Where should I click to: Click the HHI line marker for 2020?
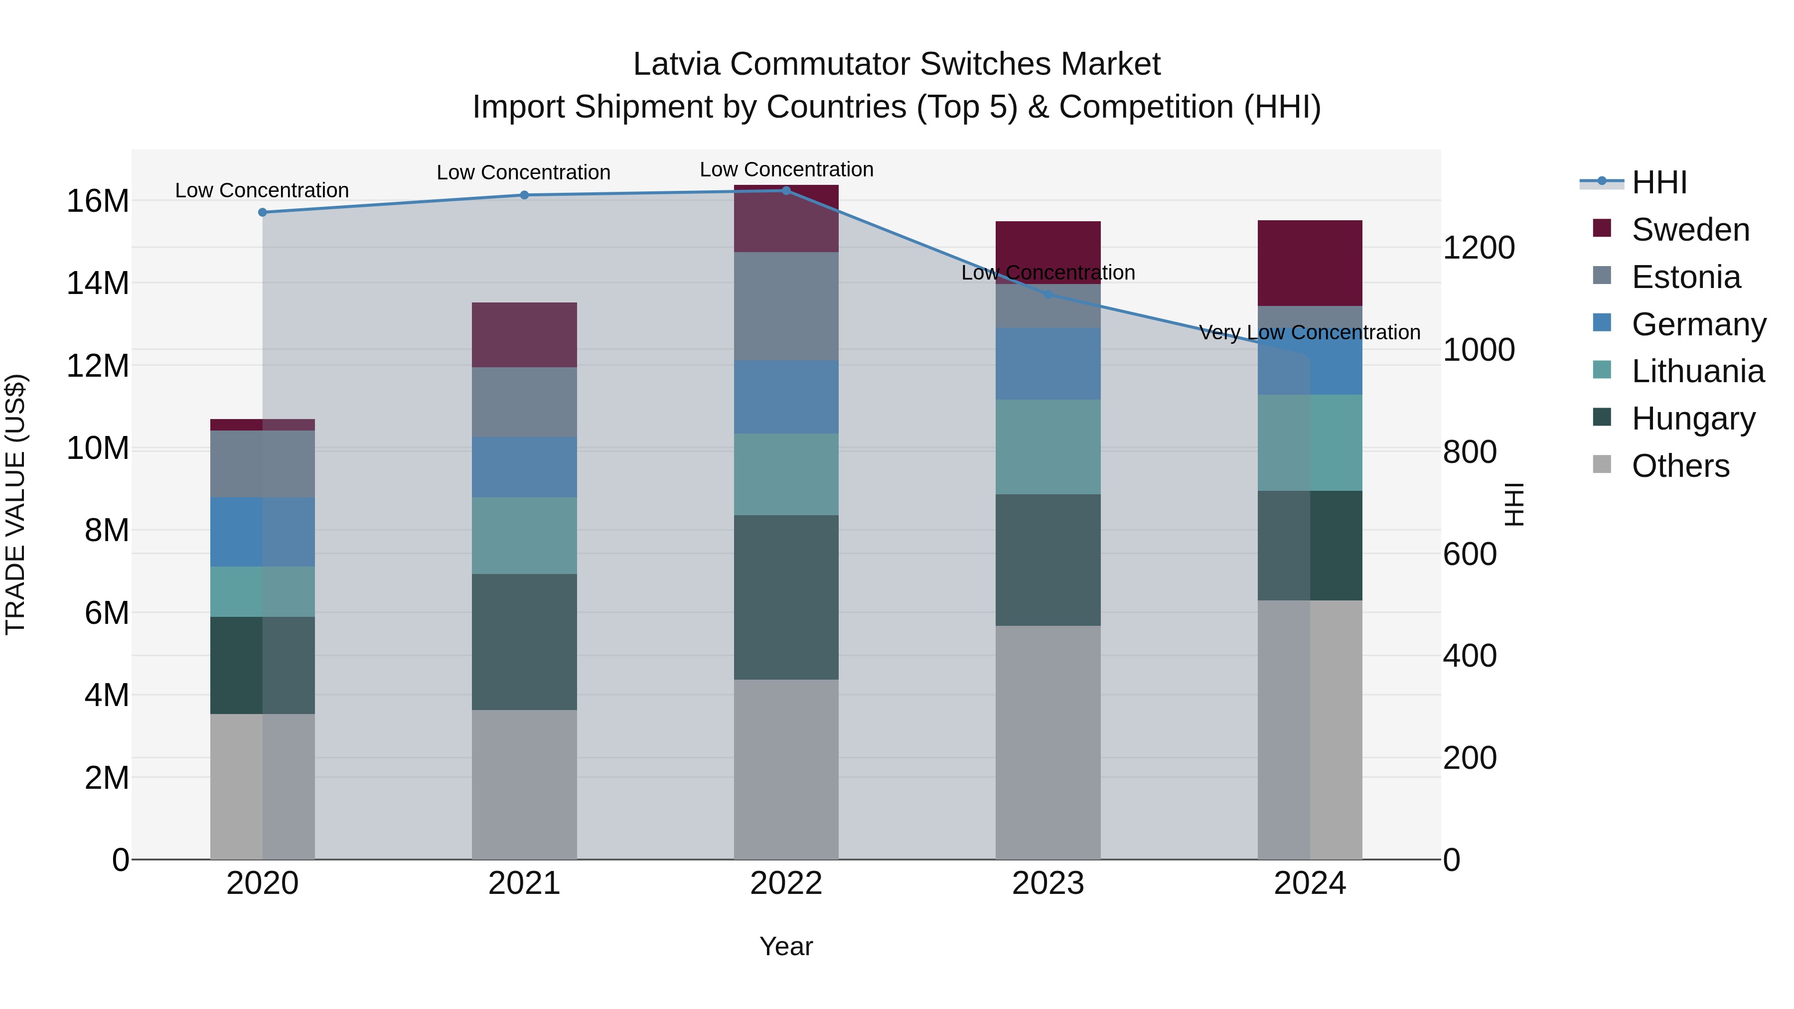263,212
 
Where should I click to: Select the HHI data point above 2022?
786,190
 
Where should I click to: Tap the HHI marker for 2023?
1048,294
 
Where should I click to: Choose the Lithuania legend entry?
1697,371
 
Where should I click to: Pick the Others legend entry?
1680,466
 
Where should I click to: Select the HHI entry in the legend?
1659,182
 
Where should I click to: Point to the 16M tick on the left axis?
98,201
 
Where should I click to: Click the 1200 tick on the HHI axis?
1479,248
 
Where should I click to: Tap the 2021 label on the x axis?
524,883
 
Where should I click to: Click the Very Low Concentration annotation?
1309,333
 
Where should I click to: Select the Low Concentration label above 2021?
524,173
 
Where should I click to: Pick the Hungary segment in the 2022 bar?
786,597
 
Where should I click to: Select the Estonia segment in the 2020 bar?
263,464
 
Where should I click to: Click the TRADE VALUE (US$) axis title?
15,504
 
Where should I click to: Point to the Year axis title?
786,946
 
